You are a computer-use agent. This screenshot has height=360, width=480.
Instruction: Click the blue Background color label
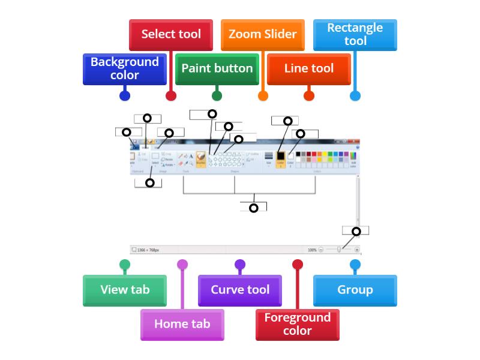click(x=124, y=68)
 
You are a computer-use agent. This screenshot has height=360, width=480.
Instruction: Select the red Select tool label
click(x=171, y=34)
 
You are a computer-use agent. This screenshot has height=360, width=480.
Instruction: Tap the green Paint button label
click(x=217, y=68)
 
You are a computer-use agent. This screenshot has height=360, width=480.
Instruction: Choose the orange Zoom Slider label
click(x=263, y=34)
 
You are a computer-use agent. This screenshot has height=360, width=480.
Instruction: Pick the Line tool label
click(x=309, y=68)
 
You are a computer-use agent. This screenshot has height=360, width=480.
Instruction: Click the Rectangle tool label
click(x=355, y=34)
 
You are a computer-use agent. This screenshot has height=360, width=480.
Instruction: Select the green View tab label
click(x=124, y=290)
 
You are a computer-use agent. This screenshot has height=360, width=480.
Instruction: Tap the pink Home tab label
click(x=182, y=324)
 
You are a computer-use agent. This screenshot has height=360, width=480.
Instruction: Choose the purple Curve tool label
click(x=240, y=290)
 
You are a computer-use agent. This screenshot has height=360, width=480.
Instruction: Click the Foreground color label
click(x=298, y=324)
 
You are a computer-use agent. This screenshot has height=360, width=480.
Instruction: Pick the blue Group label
click(x=355, y=290)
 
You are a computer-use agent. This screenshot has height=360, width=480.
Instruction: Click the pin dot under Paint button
click(x=217, y=95)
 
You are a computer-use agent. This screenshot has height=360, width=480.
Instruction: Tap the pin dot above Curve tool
click(x=240, y=264)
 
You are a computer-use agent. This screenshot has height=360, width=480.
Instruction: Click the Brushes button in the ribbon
click(x=201, y=158)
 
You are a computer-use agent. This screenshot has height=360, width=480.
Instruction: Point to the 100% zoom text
click(x=312, y=250)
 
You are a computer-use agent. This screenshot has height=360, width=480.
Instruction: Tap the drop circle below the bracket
click(x=254, y=208)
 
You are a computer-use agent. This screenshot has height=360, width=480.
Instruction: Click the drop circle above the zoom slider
click(x=356, y=232)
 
